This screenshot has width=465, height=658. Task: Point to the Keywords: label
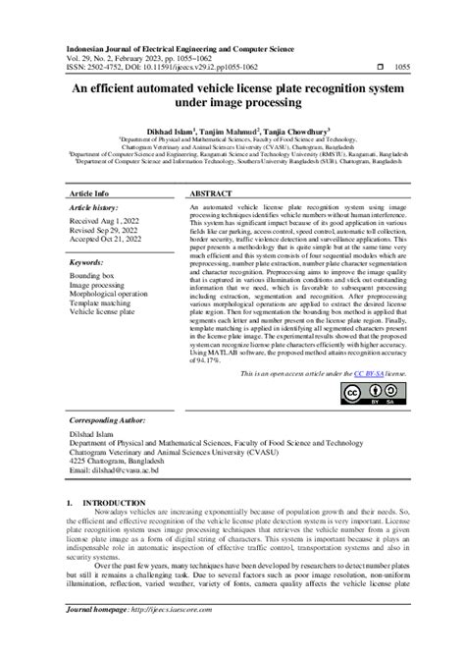tap(87, 262)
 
